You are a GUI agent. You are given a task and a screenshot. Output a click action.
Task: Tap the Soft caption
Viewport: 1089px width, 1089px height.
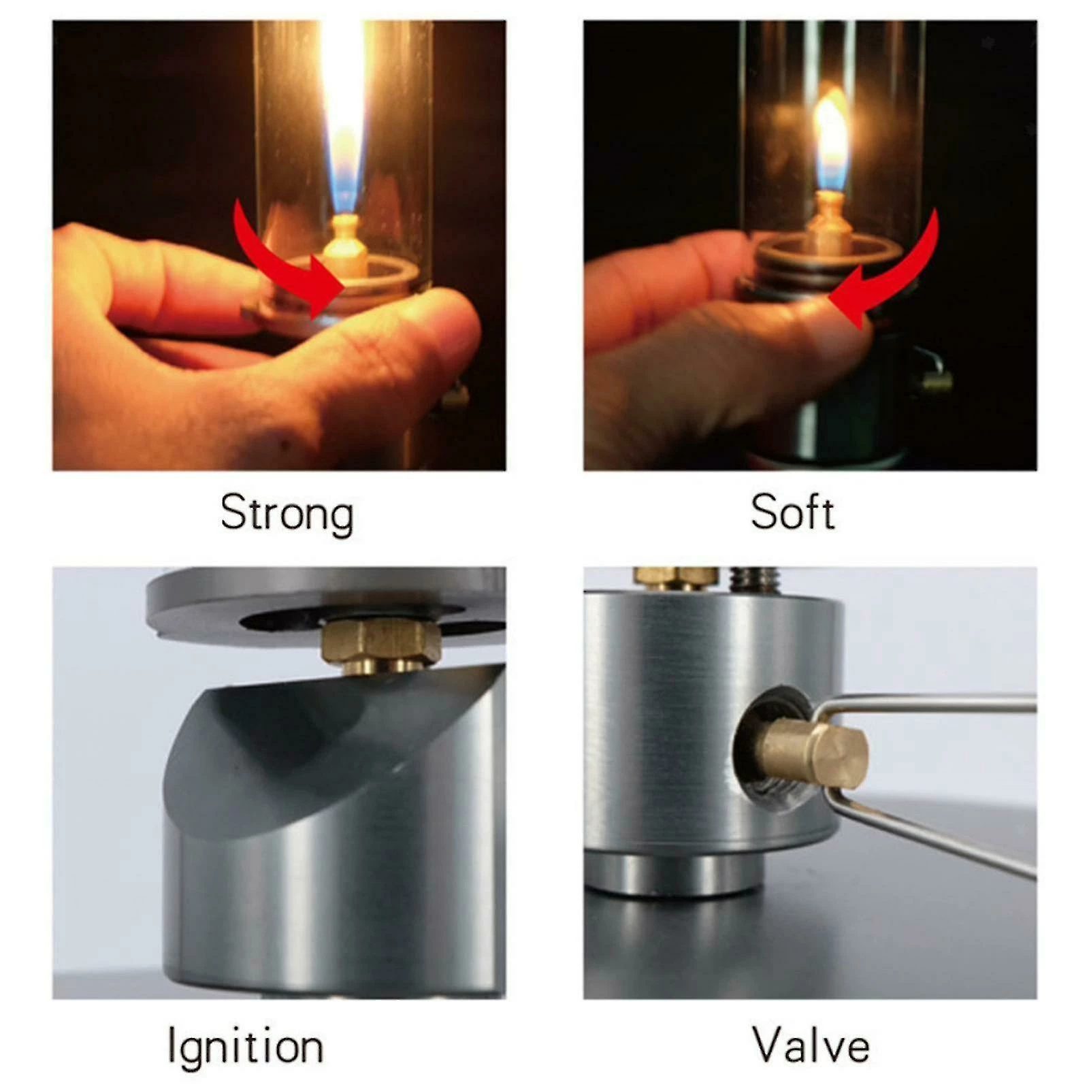click(x=792, y=512)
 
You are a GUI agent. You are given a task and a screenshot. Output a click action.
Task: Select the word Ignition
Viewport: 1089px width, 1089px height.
click(x=245, y=1046)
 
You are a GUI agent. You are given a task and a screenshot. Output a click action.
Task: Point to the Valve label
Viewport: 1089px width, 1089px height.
click(x=811, y=1044)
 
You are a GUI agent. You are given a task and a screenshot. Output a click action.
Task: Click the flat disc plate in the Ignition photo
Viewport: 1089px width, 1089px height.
click(x=327, y=606)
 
